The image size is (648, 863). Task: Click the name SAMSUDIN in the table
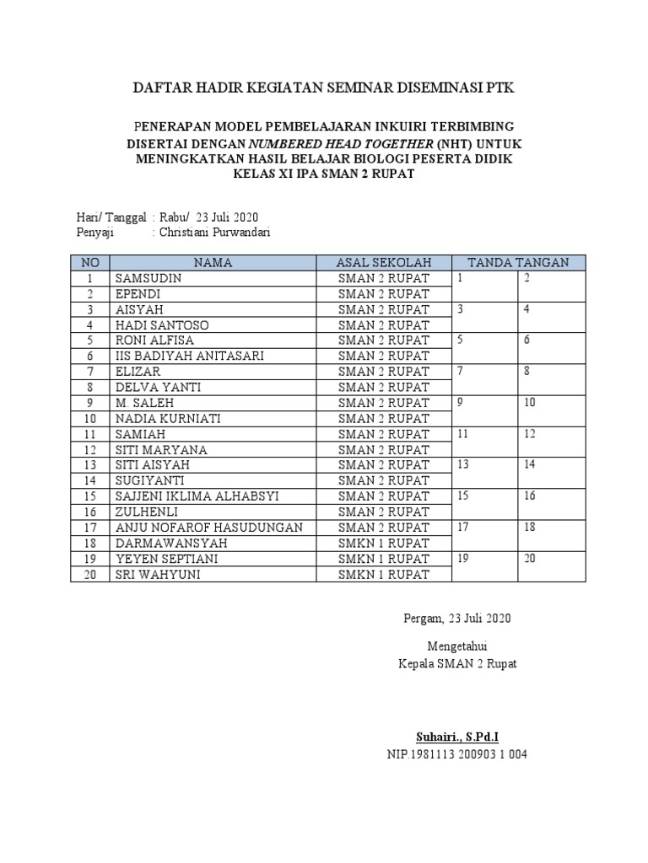[x=148, y=278]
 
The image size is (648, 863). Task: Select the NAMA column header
[x=213, y=262]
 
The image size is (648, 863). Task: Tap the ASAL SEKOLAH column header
[x=384, y=262]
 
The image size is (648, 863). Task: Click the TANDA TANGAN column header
[x=518, y=262]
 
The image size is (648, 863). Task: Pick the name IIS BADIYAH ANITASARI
[x=190, y=356]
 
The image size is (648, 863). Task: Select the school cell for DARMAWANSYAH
[x=384, y=544]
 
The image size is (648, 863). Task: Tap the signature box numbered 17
[x=484, y=535]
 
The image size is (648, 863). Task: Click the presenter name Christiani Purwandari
[x=217, y=233]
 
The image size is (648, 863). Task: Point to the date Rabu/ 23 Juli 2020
[x=209, y=217]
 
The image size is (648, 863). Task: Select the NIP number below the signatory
[x=456, y=754]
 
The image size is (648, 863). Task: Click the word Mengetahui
[x=456, y=646]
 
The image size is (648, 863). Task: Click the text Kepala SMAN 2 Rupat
[x=456, y=663]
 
